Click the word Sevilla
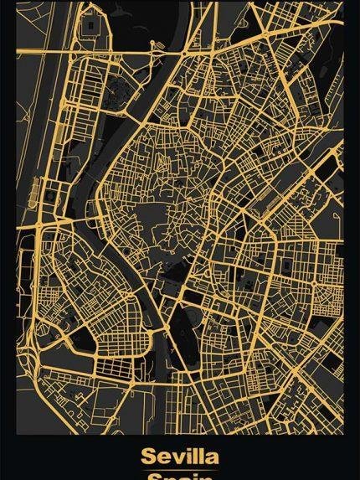tap(180, 457)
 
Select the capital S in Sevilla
tap(149, 457)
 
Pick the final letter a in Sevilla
tap(211, 458)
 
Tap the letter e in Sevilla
tap(163, 458)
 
